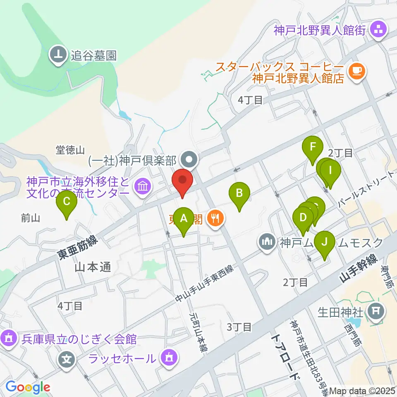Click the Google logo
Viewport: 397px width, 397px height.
point(28,387)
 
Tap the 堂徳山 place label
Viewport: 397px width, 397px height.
point(70,150)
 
